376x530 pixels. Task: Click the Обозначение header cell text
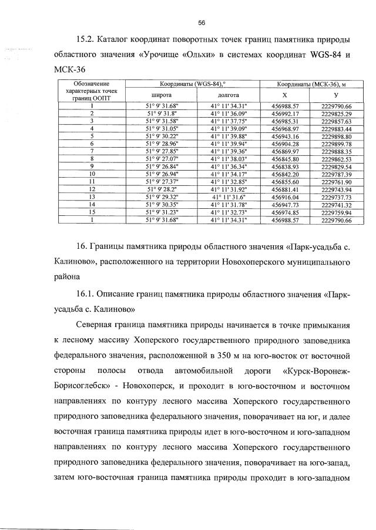point(92,84)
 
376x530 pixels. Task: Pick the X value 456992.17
point(286,113)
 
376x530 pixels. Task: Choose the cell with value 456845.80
point(286,159)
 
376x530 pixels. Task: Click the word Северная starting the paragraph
point(99,325)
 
